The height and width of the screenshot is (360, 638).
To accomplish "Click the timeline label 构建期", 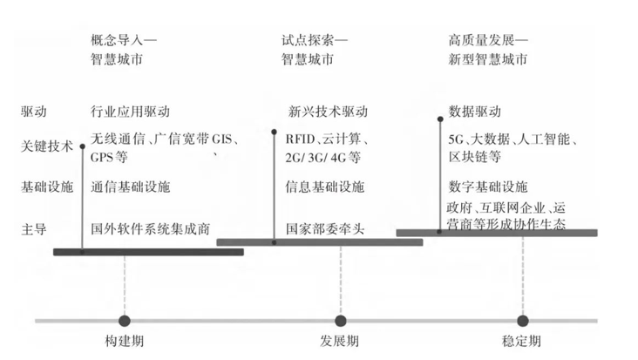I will (x=124, y=340).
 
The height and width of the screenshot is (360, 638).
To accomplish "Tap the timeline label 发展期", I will (x=341, y=340).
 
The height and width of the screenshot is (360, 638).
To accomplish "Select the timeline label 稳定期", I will (x=522, y=340).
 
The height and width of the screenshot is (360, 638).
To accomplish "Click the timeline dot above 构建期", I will (x=124, y=321).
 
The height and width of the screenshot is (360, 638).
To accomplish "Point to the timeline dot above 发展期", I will (x=341, y=321).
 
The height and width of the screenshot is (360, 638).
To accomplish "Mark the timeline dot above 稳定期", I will (x=522, y=321).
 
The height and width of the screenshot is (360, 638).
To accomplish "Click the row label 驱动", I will (x=34, y=112).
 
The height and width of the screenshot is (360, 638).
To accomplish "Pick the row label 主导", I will (x=34, y=230).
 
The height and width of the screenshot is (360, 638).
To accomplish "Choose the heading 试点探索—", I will (x=315, y=40).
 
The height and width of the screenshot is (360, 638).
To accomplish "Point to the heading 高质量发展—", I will (x=489, y=40).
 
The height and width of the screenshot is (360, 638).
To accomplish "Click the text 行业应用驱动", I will (x=130, y=112).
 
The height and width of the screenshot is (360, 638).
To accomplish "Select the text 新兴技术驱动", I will (x=328, y=112).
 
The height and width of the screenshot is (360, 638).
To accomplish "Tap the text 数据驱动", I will (x=474, y=112).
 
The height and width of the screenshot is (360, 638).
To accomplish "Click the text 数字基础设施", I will (x=487, y=187).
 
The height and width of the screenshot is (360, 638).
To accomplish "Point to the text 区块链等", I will (x=474, y=158).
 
